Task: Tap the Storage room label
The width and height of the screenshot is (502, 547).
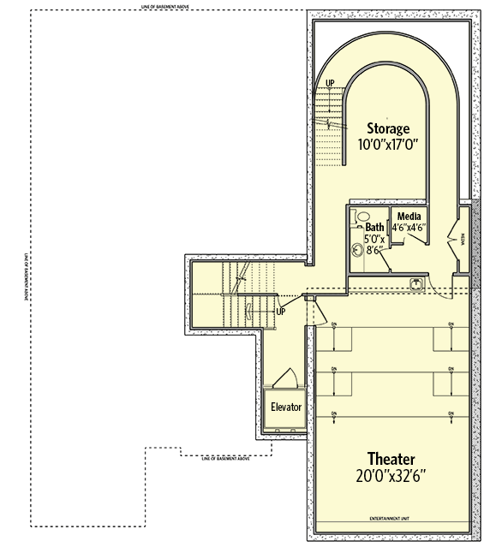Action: tap(387, 129)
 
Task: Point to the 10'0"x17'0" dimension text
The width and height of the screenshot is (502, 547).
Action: tap(387, 145)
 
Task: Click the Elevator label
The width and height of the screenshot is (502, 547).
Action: tap(286, 407)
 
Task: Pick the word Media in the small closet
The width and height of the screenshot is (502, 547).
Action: tap(408, 216)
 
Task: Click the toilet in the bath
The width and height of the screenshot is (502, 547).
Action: tap(361, 218)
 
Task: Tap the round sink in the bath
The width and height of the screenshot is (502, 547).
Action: tap(359, 249)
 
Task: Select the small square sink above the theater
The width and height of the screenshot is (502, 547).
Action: tap(416, 283)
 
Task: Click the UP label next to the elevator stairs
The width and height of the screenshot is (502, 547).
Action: tap(280, 312)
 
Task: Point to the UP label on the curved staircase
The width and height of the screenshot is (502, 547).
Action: tap(330, 83)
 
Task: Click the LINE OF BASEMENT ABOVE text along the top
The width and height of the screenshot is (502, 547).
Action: tap(166, 8)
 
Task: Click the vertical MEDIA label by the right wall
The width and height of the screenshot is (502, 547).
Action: tap(463, 240)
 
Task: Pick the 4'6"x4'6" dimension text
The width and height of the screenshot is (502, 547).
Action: tap(409, 228)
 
